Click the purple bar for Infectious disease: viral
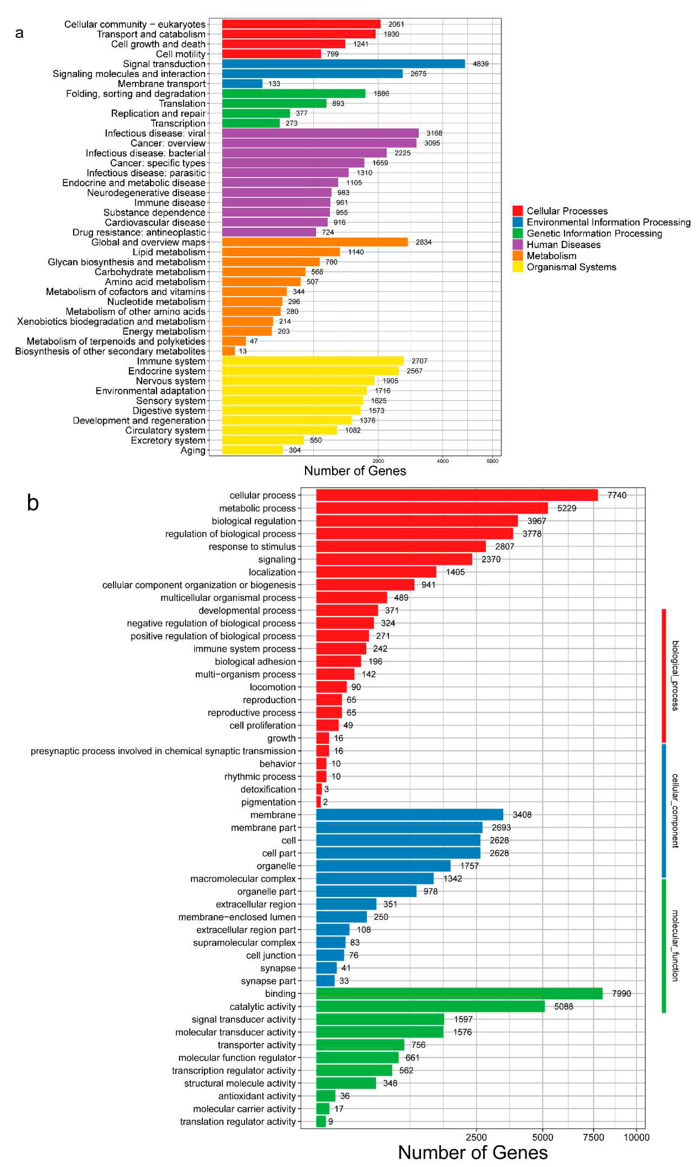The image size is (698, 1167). click(320, 133)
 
